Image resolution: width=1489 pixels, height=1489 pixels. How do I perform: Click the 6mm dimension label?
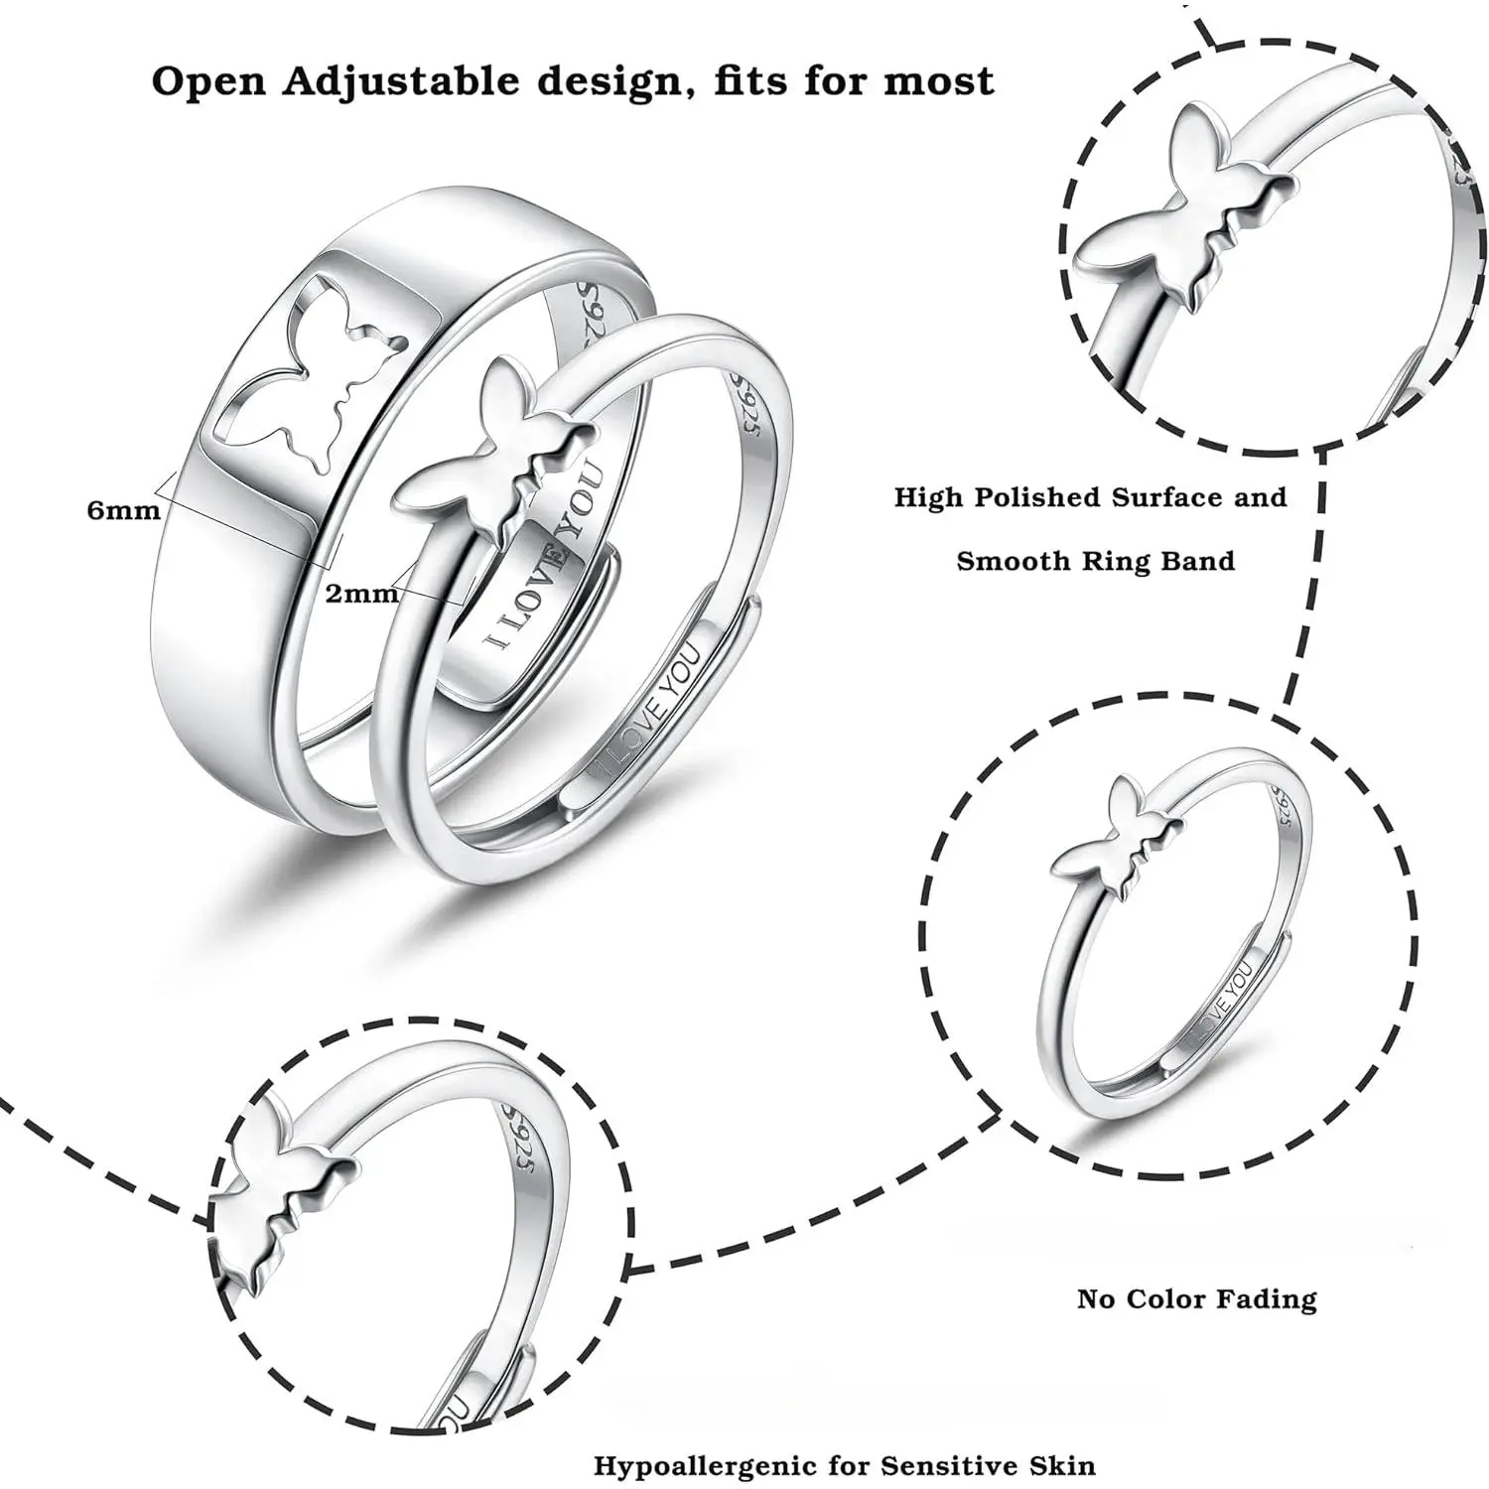pyautogui.click(x=123, y=510)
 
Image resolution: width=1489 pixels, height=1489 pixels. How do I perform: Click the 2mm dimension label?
pyautogui.click(x=361, y=594)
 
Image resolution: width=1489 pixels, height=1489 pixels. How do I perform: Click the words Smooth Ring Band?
pyautogui.click(x=1096, y=561)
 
